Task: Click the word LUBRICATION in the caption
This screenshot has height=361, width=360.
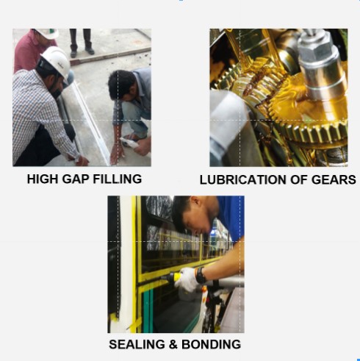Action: pyautogui.click(x=243, y=179)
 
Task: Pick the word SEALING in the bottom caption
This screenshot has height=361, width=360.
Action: pyautogui.click(x=137, y=344)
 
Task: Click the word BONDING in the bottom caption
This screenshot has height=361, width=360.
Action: pyautogui.click(x=211, y=344)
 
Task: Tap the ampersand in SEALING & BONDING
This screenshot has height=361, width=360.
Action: pyautogui.click(x=173, y=344)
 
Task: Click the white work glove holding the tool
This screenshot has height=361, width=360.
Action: pyautogui.click(x=188, y=279)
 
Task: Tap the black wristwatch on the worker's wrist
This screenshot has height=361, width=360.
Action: pyautogui.click(x=201, y=275)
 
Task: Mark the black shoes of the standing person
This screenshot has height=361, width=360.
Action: pyautogui.click(x=82, y=52)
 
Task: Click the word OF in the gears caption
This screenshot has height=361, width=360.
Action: pyautogui.click(x=299, y=179)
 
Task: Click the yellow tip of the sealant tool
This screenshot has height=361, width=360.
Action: pyautogui.click(x=177, y=277)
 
